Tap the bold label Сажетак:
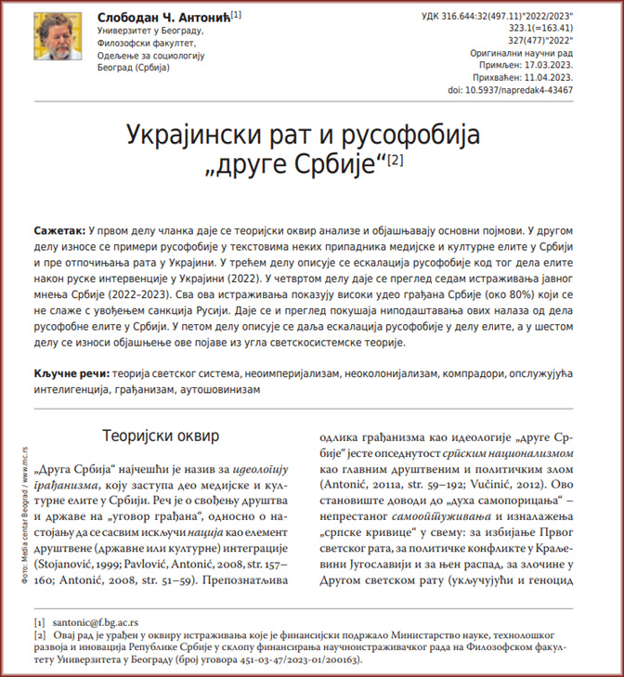59,228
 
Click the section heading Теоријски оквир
160,435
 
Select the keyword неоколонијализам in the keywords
394,374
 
